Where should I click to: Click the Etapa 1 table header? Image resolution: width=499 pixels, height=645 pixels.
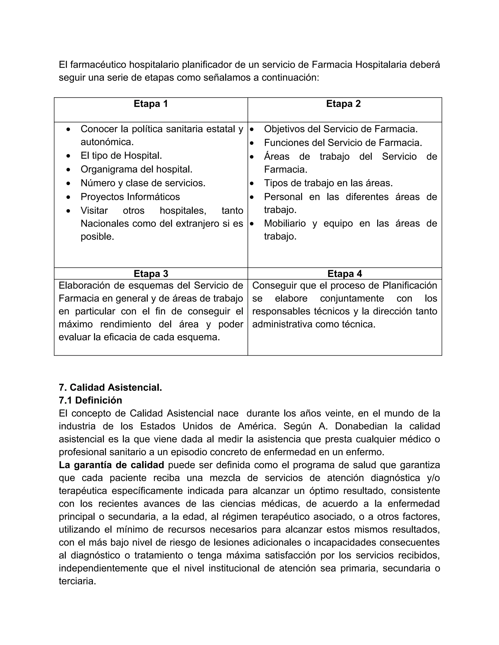click(x=151, y=104)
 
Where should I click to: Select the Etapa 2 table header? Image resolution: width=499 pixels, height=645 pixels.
click(x=343, y=104)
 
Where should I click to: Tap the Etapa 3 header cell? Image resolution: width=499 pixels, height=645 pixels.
click(x=151, y=274)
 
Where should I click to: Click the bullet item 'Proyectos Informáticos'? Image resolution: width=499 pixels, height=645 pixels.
click(x=130, y=197)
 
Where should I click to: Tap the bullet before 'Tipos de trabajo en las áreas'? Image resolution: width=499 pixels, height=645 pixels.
click(x=252, y=184)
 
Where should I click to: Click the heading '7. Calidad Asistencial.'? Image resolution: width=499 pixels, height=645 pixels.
click(x=110, y=387)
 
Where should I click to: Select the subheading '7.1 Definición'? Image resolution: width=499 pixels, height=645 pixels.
click(x=90, y=400)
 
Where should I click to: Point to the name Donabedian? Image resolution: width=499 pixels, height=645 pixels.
click(x=361, y=426)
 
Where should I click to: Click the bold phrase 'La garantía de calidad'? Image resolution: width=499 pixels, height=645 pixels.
click(x=111, y=465)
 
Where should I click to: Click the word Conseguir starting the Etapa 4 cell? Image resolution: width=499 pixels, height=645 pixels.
click(x=275, y=286)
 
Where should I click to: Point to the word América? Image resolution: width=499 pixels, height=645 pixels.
click(x=255, y=426)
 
